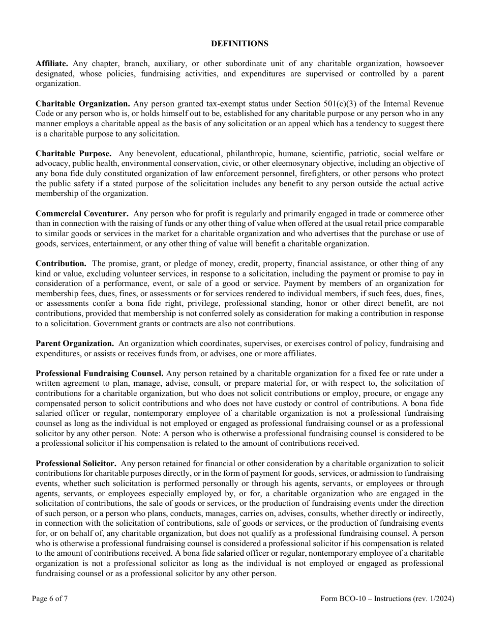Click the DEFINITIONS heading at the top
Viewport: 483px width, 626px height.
(239, 44)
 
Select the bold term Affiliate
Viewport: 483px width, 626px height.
(51, 64)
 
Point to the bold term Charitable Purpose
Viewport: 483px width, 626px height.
(74, 153)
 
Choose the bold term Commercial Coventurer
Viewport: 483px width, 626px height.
(81, 213)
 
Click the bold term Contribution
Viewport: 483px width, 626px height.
(61, 263)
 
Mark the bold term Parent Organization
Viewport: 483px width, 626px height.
(74, 344)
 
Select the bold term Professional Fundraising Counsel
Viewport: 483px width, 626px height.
(99, 373)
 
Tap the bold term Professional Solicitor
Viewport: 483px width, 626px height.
(76, 464)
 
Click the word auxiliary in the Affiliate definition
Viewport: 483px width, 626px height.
(164, 64)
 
